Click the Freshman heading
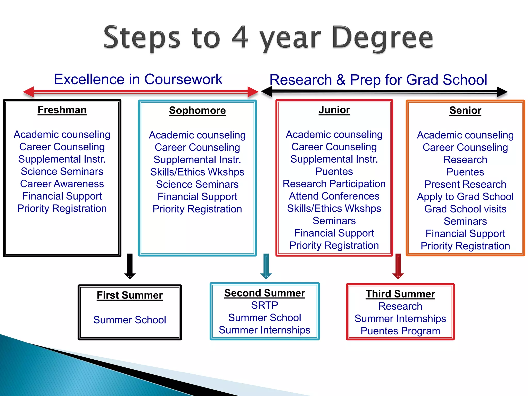pos(62,110)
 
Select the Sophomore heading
pos(197,110)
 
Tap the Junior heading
pos(334,110)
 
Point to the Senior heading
pos(465,110)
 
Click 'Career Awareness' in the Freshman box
pos(62,184)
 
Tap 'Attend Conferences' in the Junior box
pos(334,196)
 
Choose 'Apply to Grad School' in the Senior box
pos(465,197)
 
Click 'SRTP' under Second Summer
pos(265,306)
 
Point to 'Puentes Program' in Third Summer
pos(400,331)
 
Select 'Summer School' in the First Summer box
pos(130,320)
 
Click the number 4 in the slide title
pos(240,37)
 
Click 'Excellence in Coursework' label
pos(138,79)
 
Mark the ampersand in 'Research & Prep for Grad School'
pos(341,80)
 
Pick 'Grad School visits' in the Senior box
pos(465,209)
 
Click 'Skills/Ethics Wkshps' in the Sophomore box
pos(197,172)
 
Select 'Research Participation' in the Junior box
pos(334,184)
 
